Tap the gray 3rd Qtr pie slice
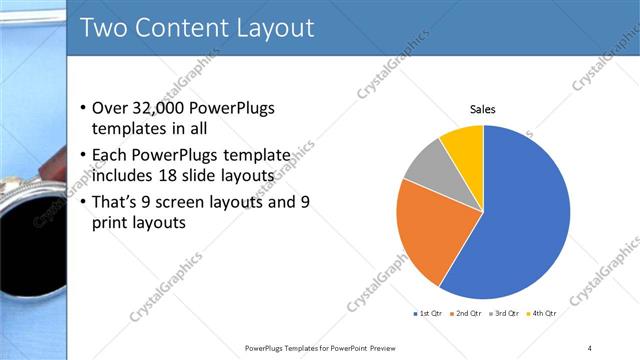[x=431, y=165]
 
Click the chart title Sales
[x=483, y=109]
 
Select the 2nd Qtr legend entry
[x=466, y=313]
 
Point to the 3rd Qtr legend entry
[x=504, y=313]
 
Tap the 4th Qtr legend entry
[x=541, y=313]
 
